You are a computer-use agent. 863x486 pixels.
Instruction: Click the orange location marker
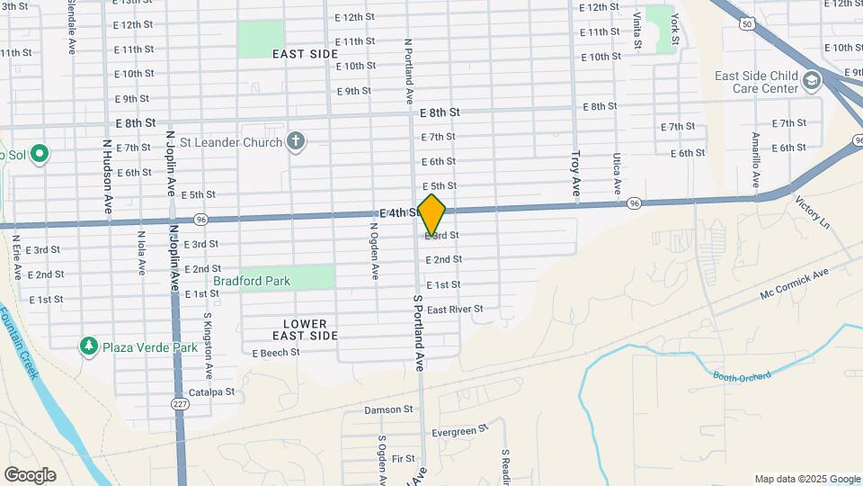click(432, 215)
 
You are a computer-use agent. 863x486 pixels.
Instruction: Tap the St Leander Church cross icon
click(295, 140)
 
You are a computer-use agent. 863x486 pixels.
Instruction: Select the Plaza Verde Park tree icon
click(88, 346)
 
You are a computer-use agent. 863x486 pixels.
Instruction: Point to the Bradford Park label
click(252, 281)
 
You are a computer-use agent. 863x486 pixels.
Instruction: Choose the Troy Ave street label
click(575, 174)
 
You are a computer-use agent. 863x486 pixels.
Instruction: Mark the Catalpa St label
click(211, 391)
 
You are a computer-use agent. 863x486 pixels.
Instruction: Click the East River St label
click(455, 310)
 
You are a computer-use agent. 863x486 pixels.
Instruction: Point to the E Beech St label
click(274, 353)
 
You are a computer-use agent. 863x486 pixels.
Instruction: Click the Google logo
click(30, 475)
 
